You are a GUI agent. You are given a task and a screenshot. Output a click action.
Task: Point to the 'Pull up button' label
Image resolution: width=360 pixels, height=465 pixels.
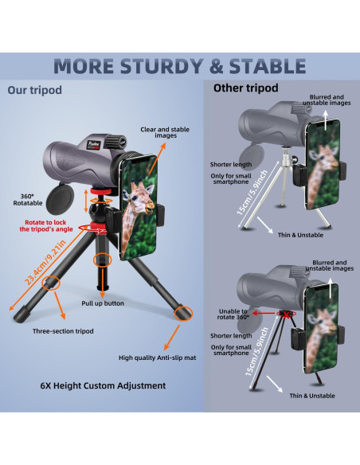coord(104,303)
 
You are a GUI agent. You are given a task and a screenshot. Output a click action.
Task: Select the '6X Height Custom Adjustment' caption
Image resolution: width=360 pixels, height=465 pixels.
coord(103,385)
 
